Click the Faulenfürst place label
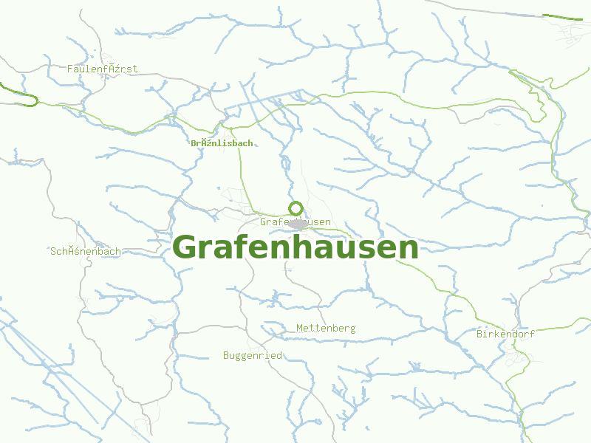pyautogui.click(x=102, y=69)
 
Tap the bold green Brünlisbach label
pyautogui.click(x=222, y=143)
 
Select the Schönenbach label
pyautogui.click(x=86, y=251)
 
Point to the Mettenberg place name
pyautogui.click(x=326, y=328)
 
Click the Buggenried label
pyautogui.click(x=253, y=355)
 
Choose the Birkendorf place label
pyautogui.click(x=505, y=334)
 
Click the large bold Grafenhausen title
pyautogui.click(x=295, y=247)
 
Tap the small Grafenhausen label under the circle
pyautogui.click(x=295, y=221)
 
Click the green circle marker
pyautogui.click(x=295, y=208)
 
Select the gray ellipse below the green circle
pyautogui.click(x=298, y=223)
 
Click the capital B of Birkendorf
pyautogui.click(x=480, y=334)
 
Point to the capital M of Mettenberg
pyautogui.click(x=299, y=328)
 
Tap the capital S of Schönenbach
pyautogui.click(x=53, y=251)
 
